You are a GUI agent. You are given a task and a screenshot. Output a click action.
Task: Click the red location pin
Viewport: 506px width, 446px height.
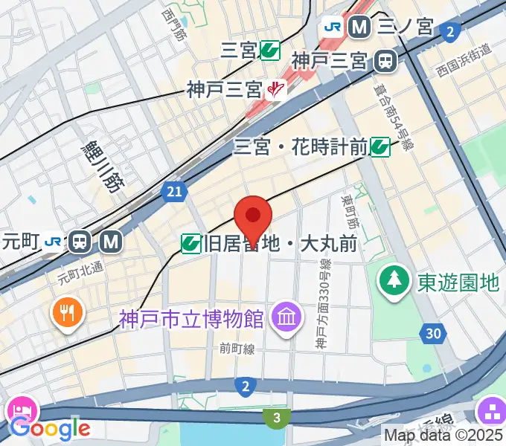pyautogui.click(x=253, y=217)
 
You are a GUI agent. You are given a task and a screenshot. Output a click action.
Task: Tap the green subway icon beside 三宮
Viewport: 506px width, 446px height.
pyautogui.click(x=269, y=51)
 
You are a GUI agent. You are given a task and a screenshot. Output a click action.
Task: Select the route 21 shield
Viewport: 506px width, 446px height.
pyautogui.click(x=173, y=193)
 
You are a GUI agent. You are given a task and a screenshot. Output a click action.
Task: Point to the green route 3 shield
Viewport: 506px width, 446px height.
pyautogui.click(x=277, y=418)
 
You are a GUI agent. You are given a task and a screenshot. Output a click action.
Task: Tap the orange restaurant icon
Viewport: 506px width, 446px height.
pyautogui.click(x=67, y=312)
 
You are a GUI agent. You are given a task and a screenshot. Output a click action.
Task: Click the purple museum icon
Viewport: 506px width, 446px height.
pyautogui.click(x=286, y=319)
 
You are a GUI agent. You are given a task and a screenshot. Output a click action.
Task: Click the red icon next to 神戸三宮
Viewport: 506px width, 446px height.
pyautogui.click(x=277, y=90)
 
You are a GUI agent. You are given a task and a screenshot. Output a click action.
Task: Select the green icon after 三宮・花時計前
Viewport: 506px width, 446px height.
pyautogui.click(x=380, y=147)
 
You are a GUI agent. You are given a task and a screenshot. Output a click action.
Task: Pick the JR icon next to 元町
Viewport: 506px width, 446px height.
pyautogui.click(x=54, y=241)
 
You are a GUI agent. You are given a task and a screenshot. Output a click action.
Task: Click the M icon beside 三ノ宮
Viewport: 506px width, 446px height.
pyautogui.click(x=360, y=28)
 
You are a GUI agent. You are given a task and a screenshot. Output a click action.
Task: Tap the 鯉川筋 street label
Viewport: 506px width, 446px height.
pyautogui.click(x=102, y=167)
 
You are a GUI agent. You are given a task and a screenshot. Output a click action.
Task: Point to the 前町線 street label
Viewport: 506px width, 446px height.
pyautogui.click(x=237, y=347)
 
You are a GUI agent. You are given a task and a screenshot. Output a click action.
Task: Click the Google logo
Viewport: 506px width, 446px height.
pyautogui.click(x=50, y=428)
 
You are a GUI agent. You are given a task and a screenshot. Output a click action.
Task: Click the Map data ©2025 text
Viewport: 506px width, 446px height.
pyautogui.click(x=443, y=435)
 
